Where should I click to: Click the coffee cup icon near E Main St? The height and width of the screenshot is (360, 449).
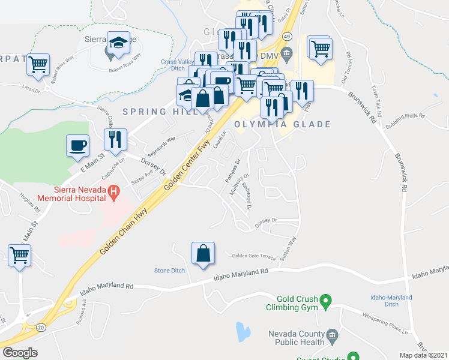pos(78,146)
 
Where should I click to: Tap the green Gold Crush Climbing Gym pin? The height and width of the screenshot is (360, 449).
pos(325,299)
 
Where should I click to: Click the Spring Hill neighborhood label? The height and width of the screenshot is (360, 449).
pos(152,112)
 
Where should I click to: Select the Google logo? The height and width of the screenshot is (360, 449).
pos(20,353)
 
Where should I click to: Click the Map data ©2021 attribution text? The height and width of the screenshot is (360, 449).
pos(424,355)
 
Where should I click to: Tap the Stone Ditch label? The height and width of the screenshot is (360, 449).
pos(170,271)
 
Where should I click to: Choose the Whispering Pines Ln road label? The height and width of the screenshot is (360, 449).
pos(387,324)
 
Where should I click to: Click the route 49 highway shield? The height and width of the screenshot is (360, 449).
pos(288,36)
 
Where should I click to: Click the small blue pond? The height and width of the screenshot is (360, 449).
pos(243,331)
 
